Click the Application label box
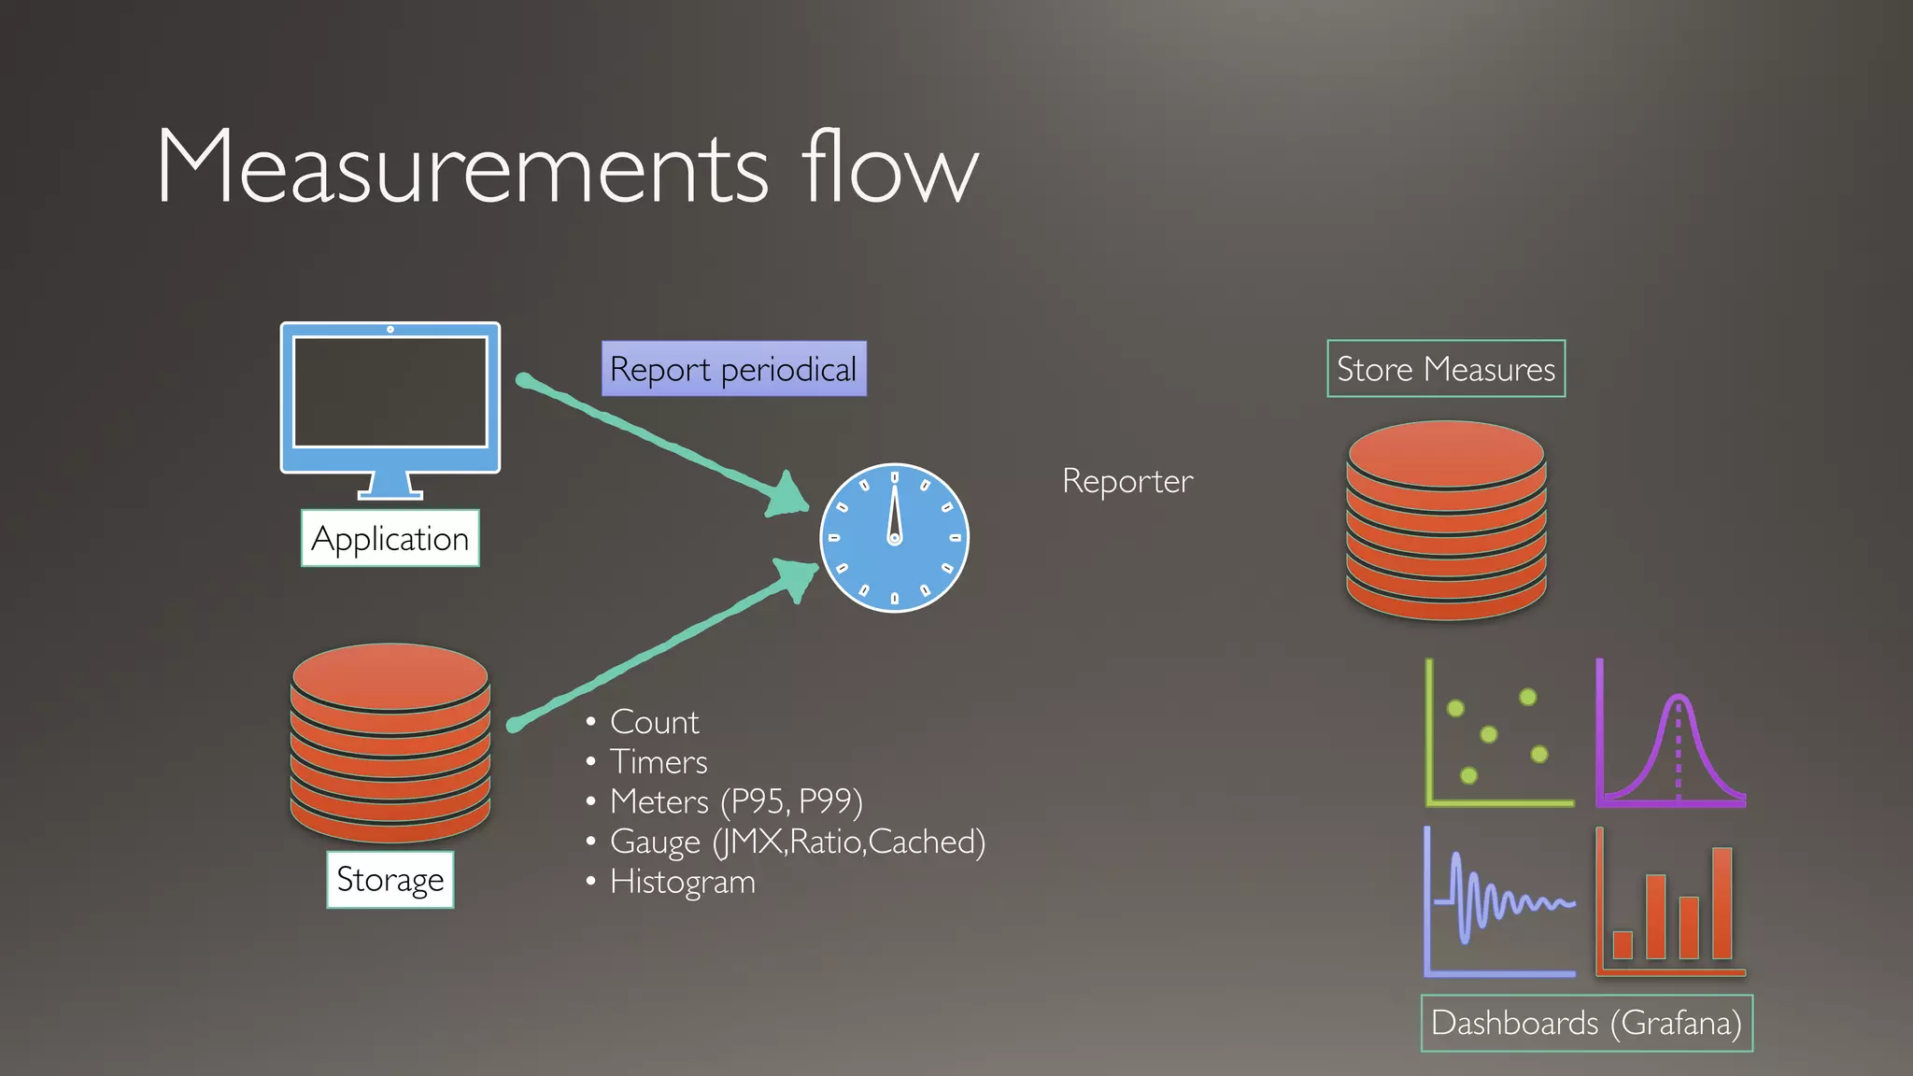(x=390, y=539)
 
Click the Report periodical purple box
(x=733, y=369)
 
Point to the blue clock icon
(x=894, y=538)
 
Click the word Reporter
(x=1127, y=481)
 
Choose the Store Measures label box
(x=1445, y=369)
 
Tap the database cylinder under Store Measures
(x=1445, y=520)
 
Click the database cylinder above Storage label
(x=390, y=743)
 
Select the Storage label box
(x=390, y=880)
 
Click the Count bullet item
(x=654, y=722)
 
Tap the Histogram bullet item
(x=682, y=882)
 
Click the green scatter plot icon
(x=1497, y=734)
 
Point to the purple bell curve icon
(x=1671, y=734)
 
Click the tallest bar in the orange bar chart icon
(x=1722, y=902)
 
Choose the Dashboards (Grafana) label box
(x=1586, y=1024)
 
